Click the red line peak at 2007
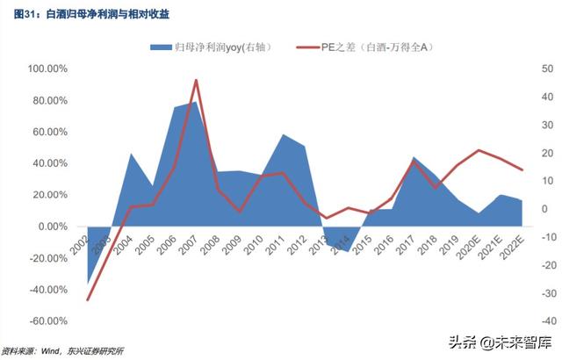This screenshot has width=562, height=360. [x=195, y=80]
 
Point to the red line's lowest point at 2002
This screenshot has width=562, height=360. [x=88, y=300]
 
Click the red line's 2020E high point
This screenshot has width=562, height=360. [x=478, y=150]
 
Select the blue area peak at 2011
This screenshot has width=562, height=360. [x=283, y=134]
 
